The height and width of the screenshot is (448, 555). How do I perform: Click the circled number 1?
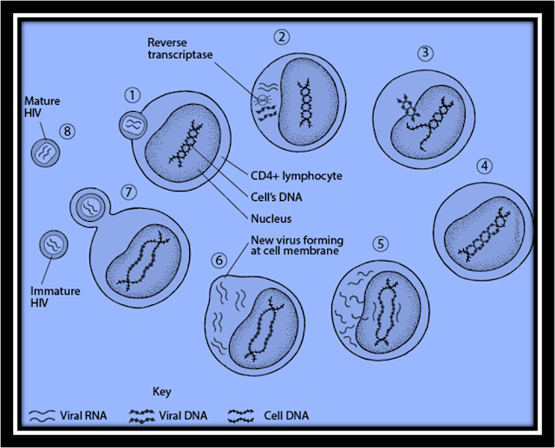pos(132,94)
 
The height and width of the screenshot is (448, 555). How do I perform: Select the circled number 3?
pos(425,52)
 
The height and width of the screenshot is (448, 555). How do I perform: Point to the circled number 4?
pos(485,165)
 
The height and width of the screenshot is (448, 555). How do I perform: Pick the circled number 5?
pos(377,243)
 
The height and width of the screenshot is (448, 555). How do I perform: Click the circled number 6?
pos(219,259)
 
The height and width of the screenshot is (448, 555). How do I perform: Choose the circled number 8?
pos(67,131)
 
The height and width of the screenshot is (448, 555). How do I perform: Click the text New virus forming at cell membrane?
pos(293,246)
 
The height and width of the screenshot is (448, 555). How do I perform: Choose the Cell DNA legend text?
pos(286,416)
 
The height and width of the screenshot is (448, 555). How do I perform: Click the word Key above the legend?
pos(162,391)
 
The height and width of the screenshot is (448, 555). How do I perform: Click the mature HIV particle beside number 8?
pos(45,153)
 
